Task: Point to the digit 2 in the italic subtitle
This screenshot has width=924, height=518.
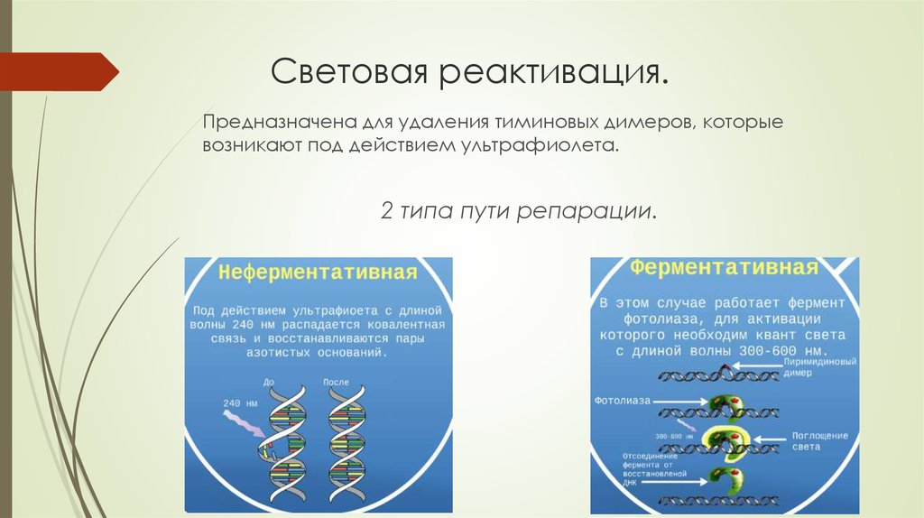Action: click(x=387, y=213)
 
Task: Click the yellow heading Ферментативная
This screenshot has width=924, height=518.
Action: click(x=724, y=268)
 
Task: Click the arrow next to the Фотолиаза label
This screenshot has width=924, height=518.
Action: click(x=679, y=399)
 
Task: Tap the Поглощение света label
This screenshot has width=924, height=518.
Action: click(x=819, y=440)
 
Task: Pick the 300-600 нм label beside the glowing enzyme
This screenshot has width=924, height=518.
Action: click(x=672, y=436)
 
